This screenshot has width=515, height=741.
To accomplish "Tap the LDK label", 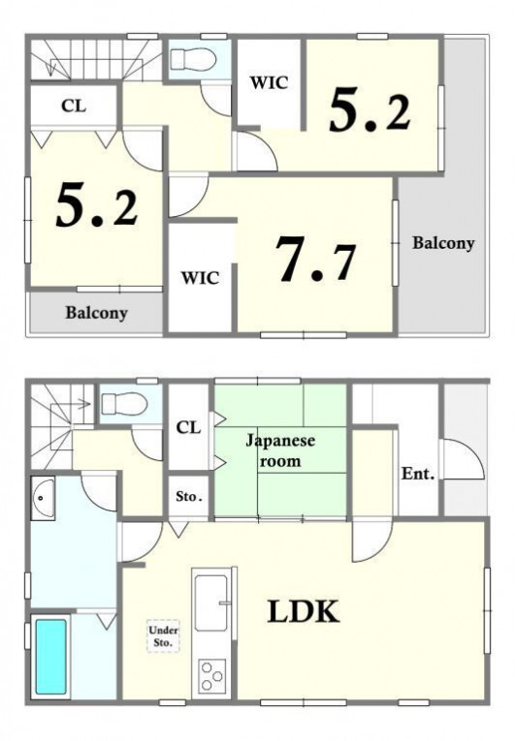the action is click(x=304, y=611).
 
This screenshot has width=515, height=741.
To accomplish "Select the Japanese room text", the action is click(x=280, y=450).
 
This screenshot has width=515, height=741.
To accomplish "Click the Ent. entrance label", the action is click(x=418, y=474).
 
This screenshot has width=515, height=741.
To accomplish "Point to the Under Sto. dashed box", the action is click(x=163, y=636).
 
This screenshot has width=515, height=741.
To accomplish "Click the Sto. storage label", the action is click(x=189, y=497).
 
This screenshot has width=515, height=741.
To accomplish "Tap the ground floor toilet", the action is click(x=125, y=404).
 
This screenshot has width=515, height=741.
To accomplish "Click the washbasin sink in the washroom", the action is click(x=43, y=497).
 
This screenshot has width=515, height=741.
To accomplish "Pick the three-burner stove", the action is click(x=211, y=676).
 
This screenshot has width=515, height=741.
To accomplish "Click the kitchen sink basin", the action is click(x=211, y=602).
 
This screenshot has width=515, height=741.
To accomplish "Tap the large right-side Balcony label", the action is click(x=443, y=243).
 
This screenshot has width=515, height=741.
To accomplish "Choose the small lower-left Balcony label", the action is click(x=97, y=313).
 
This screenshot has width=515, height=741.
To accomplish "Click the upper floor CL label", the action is click(x=74, y=106).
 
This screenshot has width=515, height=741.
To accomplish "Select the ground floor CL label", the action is click(x=188, y=428).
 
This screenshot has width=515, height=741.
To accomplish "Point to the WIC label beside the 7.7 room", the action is click(x=201, y=277).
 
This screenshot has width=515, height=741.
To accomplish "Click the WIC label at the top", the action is click(x=269, y=82).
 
